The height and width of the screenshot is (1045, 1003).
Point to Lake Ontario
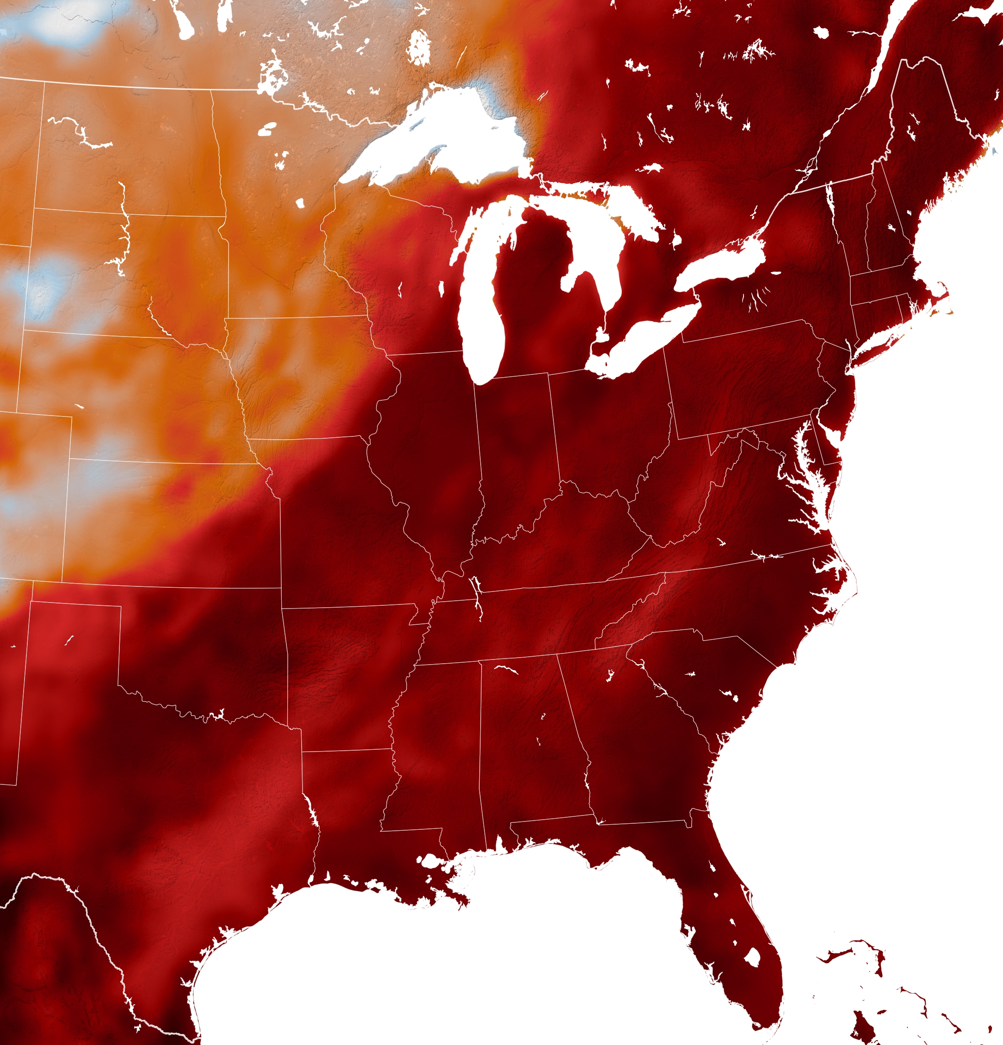tap(719, 261)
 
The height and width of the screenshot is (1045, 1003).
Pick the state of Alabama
tap(533, 746)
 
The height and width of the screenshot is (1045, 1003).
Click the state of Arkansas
tap(347, 677)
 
